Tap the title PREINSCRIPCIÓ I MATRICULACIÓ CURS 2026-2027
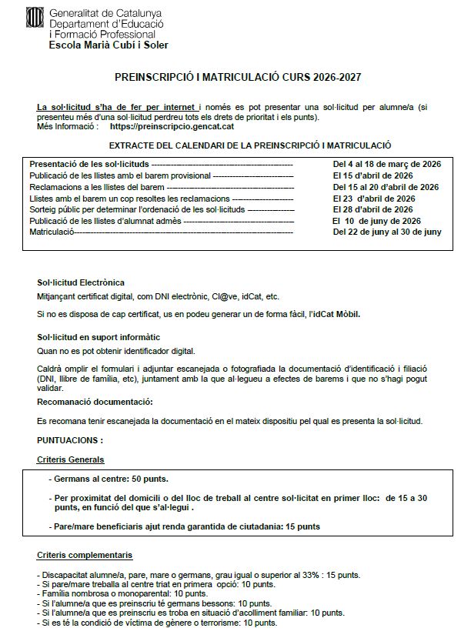point(238,78)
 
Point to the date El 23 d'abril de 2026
point(373,198)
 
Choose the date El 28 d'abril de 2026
point(373,209)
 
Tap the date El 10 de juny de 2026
point(376,221)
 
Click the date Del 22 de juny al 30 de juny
point(387,232)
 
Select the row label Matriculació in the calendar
point(51,232)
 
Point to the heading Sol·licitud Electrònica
point(80,282)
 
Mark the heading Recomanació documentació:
point(95,401)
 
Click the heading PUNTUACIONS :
point(70,440)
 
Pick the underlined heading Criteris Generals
point(71,459)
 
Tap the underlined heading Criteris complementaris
point(85,554)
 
